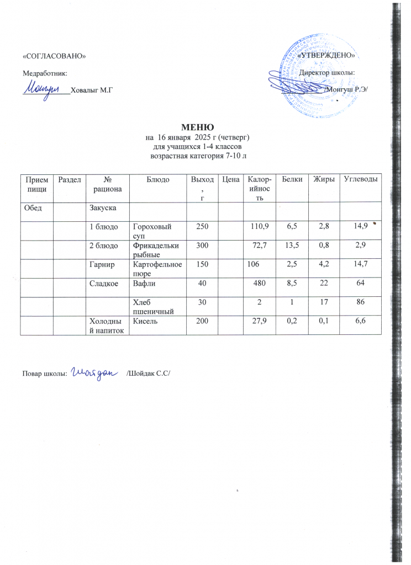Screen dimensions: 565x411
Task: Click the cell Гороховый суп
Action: (x=150, y=231)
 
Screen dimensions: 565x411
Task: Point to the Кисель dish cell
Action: (x=144, y=323)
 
